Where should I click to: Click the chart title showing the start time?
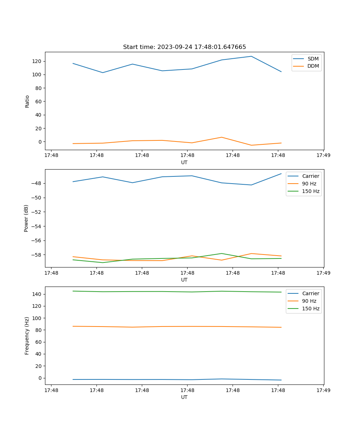coord(184,47)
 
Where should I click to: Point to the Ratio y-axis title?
coord(27,101)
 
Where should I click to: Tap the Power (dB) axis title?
coord(26,218)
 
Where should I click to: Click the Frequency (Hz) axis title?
coord(27,336)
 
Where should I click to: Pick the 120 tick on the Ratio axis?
coord(37,61)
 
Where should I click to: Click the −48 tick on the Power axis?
coord(36,183)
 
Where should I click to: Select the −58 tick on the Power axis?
coord(36,255)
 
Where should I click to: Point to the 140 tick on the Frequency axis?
coord(37,294)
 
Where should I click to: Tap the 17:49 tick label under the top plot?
coord(323,156)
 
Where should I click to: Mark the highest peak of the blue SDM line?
coord(251,56)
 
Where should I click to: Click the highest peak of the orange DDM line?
coord(222,137)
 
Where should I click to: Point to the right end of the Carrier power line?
coord(281,174)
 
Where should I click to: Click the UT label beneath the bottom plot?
coord(184,397)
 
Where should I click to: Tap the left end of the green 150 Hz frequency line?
coord(73,291)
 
